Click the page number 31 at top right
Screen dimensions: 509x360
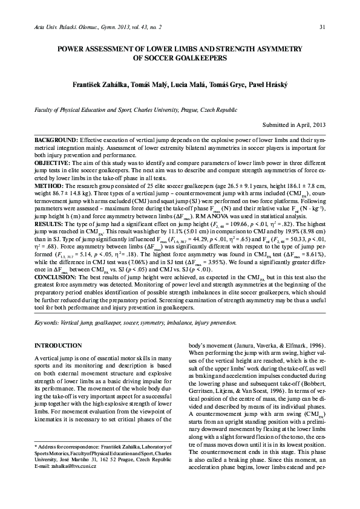coord(322,26)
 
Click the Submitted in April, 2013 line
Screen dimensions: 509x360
coord(294,125)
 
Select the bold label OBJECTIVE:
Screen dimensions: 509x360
coord(53,164)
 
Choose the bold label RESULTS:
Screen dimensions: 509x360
coord(51,222)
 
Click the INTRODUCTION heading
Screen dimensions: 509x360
coord(59,345)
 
